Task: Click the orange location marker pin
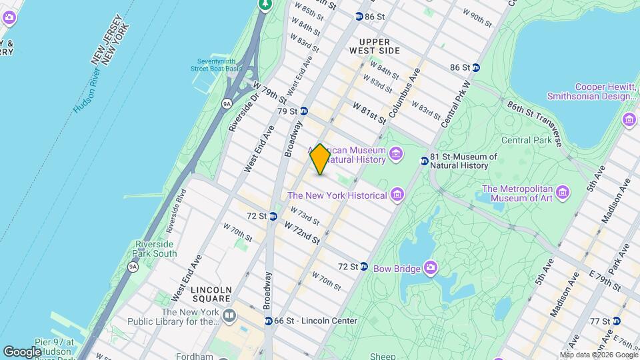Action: [320, 159]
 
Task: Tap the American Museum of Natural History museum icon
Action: [397, 155]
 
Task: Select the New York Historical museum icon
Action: [397, 195]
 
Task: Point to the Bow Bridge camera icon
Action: [431, 269]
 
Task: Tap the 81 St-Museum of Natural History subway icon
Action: [424, 161]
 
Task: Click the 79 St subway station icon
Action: [303, 111]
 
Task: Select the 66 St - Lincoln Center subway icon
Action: [268, 321]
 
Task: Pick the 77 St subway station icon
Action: [616, 321]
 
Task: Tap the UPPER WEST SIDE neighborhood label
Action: [375, 51]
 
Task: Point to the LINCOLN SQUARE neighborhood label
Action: [211, 291]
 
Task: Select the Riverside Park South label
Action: [156, 249]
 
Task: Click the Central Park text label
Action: [526, 140]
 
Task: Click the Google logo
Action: [22, 351]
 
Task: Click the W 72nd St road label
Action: [302, 232]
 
